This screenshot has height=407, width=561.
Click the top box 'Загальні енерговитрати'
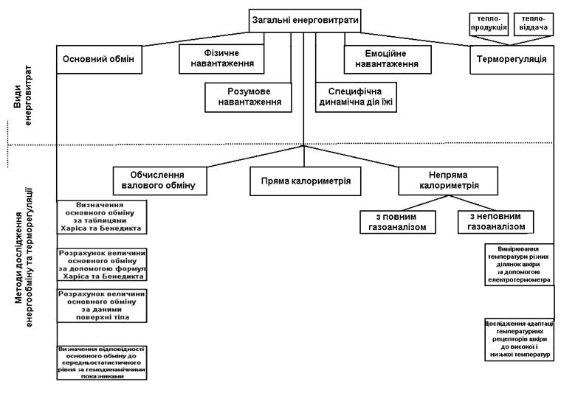pos(305,21)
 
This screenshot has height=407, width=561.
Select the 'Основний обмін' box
pos(99,60)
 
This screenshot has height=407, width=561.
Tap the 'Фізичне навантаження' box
pos(221,59)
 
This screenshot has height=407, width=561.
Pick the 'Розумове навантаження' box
pos(248,97)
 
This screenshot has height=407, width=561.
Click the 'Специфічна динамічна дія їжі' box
pos(356,97)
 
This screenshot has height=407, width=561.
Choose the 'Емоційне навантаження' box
pos(388,59)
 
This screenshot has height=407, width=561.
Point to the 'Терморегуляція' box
pos(512,60)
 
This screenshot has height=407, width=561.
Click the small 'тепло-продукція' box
pos(489,24)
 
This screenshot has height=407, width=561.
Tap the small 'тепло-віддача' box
pos(534,24)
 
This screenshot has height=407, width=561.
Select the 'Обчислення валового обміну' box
pos(160,181)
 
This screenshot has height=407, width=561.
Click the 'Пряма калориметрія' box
pos(305,181)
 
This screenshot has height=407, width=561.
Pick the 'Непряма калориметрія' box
pos(448,181)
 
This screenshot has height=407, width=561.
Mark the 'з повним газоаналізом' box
pos(398,222)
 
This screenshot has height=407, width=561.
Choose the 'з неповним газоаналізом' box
pos(496,222)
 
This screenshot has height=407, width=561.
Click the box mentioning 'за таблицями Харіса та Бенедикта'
pos(102,217)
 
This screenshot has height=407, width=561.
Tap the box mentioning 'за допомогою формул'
pos(102,265)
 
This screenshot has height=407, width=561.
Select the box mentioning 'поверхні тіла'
pos(102,306)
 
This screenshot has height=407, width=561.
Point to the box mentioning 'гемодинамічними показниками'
pos(102,363)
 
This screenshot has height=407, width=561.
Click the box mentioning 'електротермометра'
pos(520,265)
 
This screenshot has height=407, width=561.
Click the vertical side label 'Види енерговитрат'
pos(23,95)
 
